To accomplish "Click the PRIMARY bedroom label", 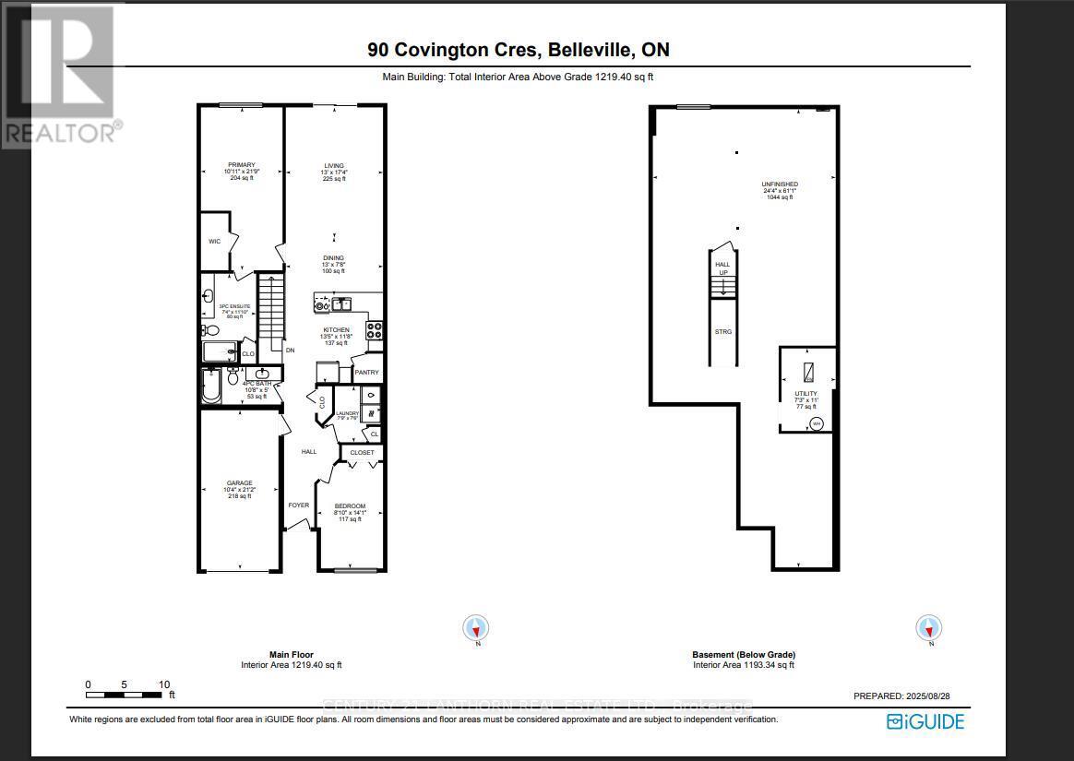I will pos(242,165).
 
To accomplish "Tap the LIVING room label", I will pos(334,166).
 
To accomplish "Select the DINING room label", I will pos(334,258).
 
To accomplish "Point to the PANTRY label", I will pos(366,372).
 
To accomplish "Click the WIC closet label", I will pos(214,242).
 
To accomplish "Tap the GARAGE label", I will pos(240,482).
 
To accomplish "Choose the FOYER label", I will pos(298,505).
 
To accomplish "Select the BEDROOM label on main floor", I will pos(350,505).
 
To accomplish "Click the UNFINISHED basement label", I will pos(780,184).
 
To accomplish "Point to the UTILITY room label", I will pos(806,392).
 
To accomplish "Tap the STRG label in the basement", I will pos(723,331).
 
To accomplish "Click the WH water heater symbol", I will pos(816,424).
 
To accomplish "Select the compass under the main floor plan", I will pos(476,629).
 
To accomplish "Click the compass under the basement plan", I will pos(928,629).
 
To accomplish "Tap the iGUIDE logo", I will pos(925,721).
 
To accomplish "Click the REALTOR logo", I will pos(61,74).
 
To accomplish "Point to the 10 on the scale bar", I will pos(164,684).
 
